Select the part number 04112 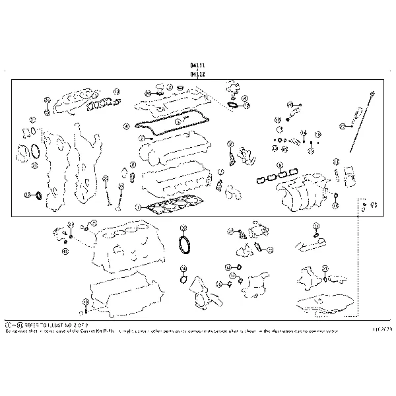coord(197,75)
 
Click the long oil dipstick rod coord(356,132)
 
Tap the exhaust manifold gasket coord(102,102)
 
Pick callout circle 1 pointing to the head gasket coord(137,207)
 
